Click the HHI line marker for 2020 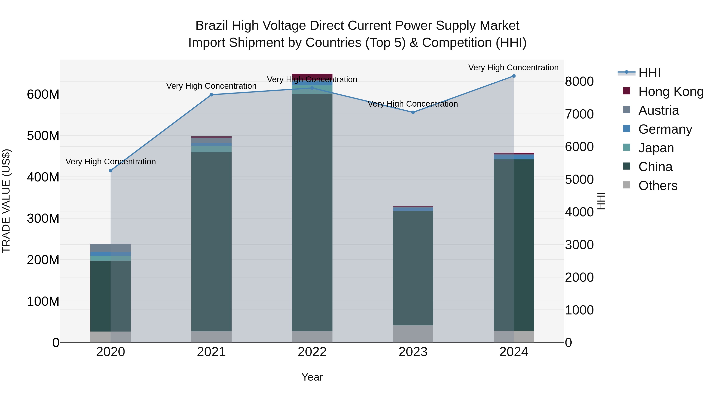pyautogui.click(x=110, y=171)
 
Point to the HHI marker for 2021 pyautogui.click(x=211, y=95)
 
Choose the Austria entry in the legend pyautogui.click(x=658, y=110)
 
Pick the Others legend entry pyautogui.click(x=658, y=186)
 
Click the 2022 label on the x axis pyautogui.click(x=312, y=352)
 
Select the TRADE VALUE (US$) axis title pyautogui.click(x=6, y=201)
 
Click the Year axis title pyautogui.click(x=312, y=377)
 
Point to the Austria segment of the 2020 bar pyautogui.click(x=110, y=248)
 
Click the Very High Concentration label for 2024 pyautogui.click(x=513, y=67)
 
